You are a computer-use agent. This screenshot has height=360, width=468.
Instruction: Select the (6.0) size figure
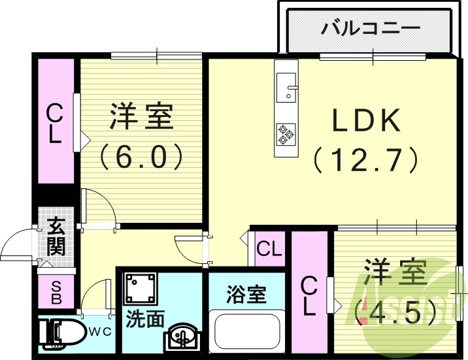139,156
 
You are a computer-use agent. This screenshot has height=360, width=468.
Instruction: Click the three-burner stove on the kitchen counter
285,133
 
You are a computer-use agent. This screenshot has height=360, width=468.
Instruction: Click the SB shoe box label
56,293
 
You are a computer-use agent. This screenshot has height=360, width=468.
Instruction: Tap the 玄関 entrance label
56,237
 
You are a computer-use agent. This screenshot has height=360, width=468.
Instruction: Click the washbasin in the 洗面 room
181,337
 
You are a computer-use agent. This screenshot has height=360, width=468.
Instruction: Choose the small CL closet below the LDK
269,249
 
